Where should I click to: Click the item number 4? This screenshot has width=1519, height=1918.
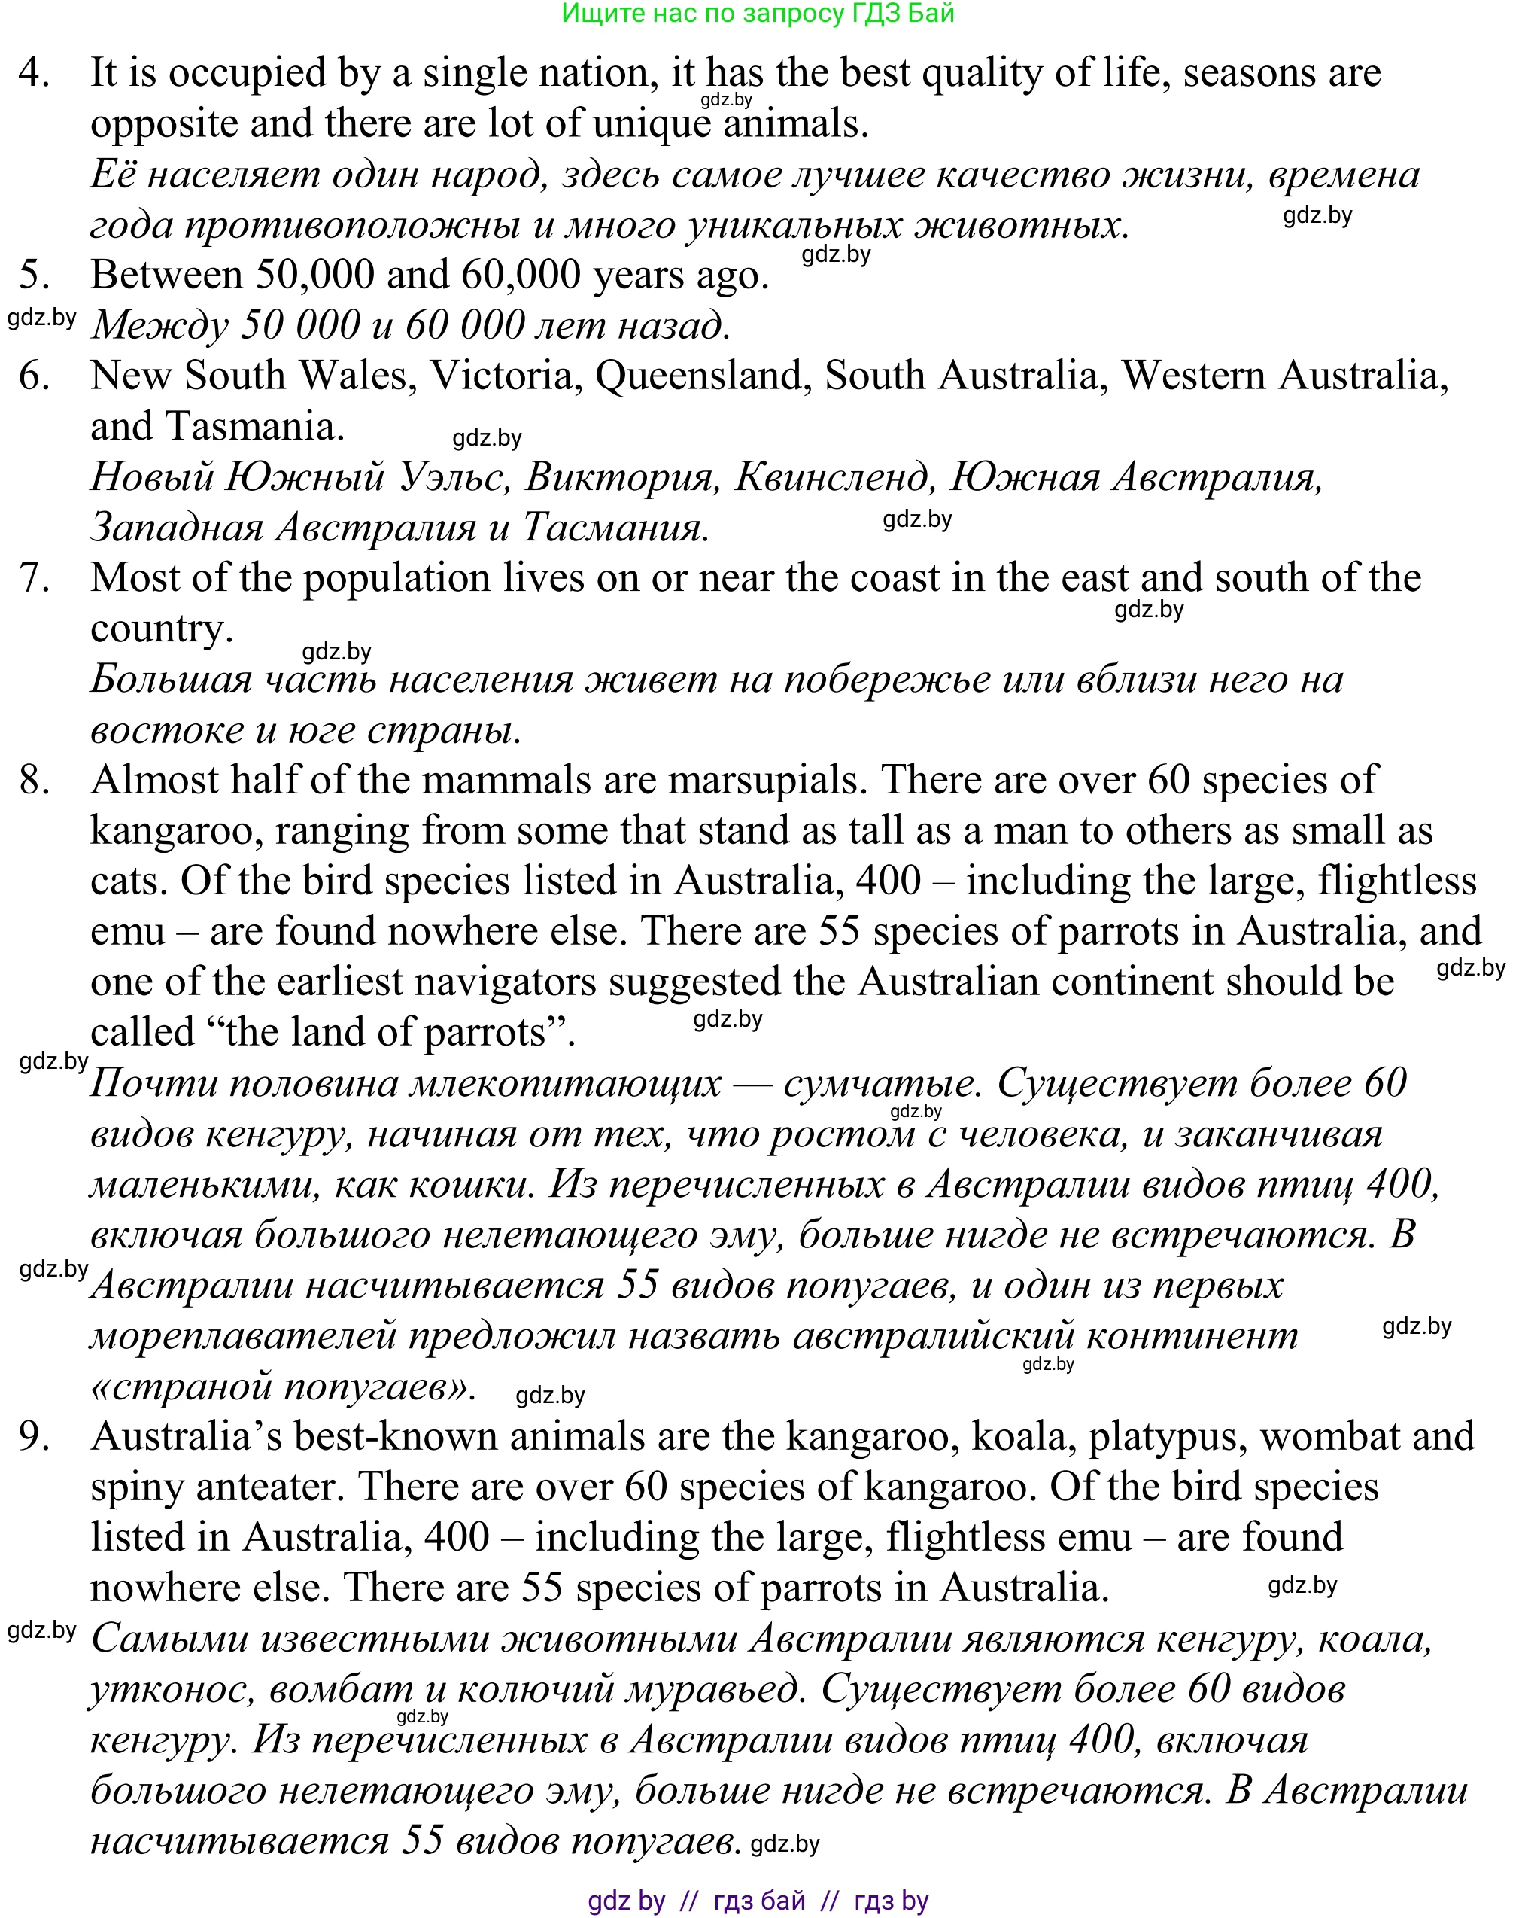point(33,73)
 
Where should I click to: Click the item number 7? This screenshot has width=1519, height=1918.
point(34,578)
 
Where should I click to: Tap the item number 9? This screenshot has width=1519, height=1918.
point(34,1437)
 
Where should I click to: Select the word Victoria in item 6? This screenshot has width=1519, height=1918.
point(502,376)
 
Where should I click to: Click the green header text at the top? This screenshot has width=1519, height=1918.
point(758,14)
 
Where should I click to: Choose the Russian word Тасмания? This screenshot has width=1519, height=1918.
point(615,528)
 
